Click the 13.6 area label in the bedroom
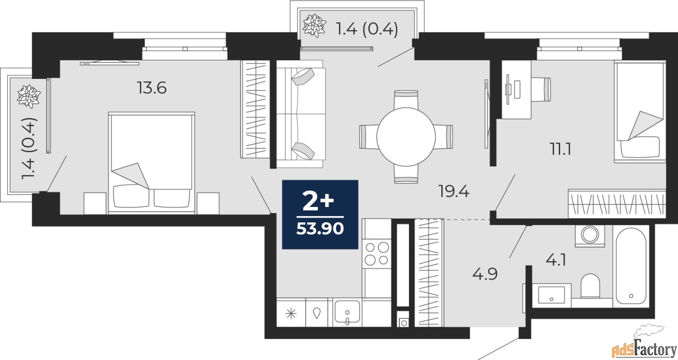pyautogui.click(x=152, y=88)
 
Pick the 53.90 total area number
pyautogui.click(x=320, y=229)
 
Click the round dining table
pyautogui.click(x=406, y=136)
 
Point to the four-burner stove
pyautogui.click(x=377, y=253)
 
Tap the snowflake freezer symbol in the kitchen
pyautogui.click(x=291, y=313)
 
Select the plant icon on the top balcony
pyautogui.click(x=315, y=26)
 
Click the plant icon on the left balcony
pyautogui.click(x=25, y=96)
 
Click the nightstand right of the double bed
pyautogui.click(x=208, y=203)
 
